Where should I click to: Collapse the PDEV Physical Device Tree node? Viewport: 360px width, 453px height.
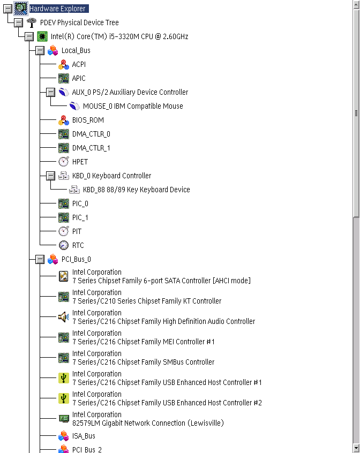click(19, 22)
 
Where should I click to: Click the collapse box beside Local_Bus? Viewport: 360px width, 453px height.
click(40, 50)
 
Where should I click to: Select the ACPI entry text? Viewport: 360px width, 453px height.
click(79, 64)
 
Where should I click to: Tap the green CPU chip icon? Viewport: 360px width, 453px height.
click(42, 36)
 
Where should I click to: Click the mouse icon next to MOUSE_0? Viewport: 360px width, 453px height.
click(74, 106)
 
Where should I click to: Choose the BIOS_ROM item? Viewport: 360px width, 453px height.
click(88, 120)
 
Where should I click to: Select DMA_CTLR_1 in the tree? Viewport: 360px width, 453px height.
click(91, 148)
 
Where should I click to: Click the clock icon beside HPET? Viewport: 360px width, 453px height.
click(64, 162)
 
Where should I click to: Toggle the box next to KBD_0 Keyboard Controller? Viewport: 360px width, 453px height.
click(50, 176)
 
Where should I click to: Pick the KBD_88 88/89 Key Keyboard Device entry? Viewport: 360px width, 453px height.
click(137, 190)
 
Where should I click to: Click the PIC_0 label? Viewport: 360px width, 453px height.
click(80, 203)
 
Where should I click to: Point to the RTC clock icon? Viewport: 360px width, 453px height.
click(64, 245)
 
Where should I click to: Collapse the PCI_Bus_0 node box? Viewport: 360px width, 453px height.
click(40, 260)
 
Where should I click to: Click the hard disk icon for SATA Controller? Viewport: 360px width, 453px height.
click(64, 276)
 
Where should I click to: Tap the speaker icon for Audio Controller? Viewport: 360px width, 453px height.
click(64, 317)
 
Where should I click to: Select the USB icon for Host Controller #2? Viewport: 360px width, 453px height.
click(64, 398)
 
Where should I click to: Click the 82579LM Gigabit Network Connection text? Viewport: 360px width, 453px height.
click(148, 423)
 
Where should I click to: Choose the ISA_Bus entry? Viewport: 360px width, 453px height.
click(84, 436)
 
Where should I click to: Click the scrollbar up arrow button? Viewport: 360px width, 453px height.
click(356, 5)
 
